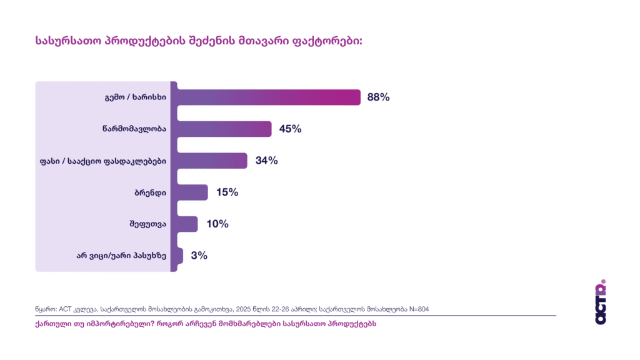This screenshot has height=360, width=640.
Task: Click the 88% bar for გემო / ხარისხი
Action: click(x=269, y=97)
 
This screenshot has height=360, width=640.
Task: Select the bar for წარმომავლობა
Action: click(x=225, y=129)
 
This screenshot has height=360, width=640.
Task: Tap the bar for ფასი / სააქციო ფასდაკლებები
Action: click(x=212, y=161)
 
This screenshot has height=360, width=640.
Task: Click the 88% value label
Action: click(x=379, y=97)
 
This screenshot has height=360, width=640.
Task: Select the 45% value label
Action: click(x=290, y=129)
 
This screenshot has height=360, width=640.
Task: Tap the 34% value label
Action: click(x=266, y=161)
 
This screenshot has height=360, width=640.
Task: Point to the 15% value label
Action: click(x=227, y=192)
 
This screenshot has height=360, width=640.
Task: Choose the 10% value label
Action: click(x=217, y=224)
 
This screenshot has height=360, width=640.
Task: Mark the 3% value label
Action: click(x=199, y=256)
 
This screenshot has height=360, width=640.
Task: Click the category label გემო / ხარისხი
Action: click(x=135, y=97)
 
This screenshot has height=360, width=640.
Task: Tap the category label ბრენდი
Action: click(x=151, y=192)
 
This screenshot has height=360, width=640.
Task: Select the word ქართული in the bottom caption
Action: click(x=51, y=324)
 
